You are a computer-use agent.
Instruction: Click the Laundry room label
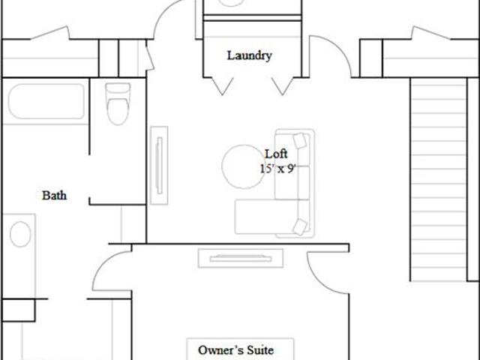249,55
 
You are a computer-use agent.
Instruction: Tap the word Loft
276,154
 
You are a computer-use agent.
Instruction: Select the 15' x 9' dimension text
278,169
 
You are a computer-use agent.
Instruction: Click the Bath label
54,195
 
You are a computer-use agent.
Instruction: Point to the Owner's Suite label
235,350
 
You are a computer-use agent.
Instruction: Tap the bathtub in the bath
46,101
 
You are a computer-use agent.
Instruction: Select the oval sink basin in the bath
20,234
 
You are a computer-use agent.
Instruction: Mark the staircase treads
438,179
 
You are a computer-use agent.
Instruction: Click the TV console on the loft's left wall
159,165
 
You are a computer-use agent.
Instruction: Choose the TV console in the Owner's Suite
241,258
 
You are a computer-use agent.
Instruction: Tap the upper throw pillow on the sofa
300,140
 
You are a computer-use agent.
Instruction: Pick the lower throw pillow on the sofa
300,227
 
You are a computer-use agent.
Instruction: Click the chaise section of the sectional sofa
265,217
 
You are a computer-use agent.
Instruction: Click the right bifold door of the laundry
283,86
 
